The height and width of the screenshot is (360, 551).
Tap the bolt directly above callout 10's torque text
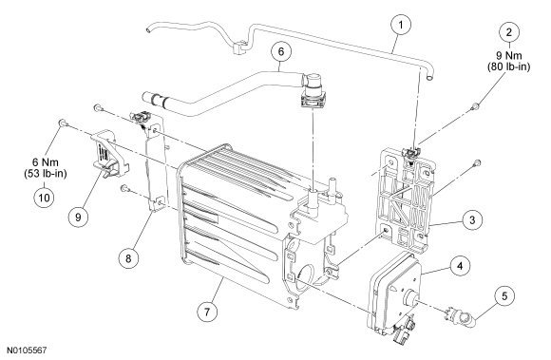[61, 124]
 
